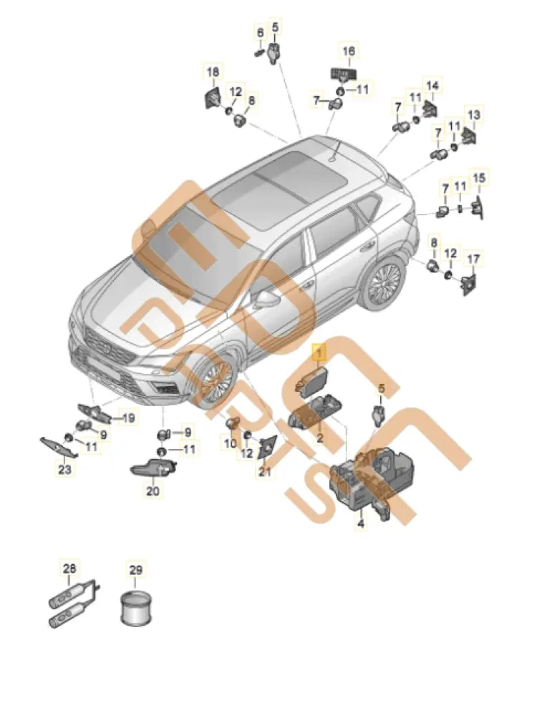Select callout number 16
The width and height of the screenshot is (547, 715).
coord(349,51)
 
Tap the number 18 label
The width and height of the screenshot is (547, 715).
coord(213,71)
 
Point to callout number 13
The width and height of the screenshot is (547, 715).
coord(474,114)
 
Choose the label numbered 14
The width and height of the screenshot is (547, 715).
coord(432,85)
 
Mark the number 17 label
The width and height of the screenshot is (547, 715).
coord(473,260)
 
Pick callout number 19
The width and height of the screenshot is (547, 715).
coord(128,418)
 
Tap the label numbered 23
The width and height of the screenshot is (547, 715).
coord(65,469)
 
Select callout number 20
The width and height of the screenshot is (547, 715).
coord(153,491)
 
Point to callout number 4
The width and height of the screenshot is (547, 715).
coord(361,524)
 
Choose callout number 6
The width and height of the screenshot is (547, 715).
coord(261,33)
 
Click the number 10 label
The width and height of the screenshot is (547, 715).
coord(231,442)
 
